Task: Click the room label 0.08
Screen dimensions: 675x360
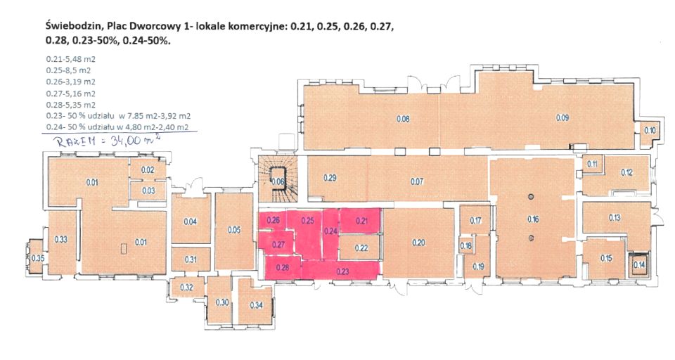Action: pos(403,119)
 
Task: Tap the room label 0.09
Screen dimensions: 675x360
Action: pos(562,117)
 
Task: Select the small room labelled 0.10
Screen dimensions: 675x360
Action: pos(650,131)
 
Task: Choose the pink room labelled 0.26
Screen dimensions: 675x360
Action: pos(273,221)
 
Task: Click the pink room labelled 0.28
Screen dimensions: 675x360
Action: pos(283,267)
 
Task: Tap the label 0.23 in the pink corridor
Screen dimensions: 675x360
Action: pos(342,271)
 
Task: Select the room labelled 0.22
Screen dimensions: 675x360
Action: pos(361,248)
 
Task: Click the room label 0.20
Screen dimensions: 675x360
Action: pos(418,243)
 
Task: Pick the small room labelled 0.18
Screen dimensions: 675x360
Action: pos(465,246)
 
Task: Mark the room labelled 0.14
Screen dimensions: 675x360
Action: pos(639,264)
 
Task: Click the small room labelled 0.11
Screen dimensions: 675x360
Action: pos(593,164)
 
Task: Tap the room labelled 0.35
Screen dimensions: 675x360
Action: pos(38,258)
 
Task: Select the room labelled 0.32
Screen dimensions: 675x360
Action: pos(187,288)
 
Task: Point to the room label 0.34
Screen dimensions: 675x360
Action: pos(256,305)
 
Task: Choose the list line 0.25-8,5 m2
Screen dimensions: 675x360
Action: pos(68,70)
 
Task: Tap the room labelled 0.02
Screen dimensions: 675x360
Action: pos(148,170)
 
